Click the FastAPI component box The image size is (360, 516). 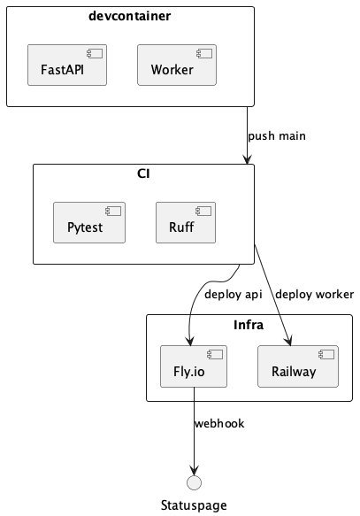(67, 65)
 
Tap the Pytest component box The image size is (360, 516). (88, 222)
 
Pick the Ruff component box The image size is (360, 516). (187, 222)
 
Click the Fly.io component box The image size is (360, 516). (194, 366)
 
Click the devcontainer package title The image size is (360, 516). (130, 16)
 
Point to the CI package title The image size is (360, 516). (143, 173)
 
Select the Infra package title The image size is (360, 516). (249, 324)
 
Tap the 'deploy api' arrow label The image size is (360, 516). (234, 294)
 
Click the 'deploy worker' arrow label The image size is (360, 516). (314, 294)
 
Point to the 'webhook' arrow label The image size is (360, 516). (219, 423)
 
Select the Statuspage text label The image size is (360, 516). (194, 505)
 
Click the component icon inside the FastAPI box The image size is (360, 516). (96, 52)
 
